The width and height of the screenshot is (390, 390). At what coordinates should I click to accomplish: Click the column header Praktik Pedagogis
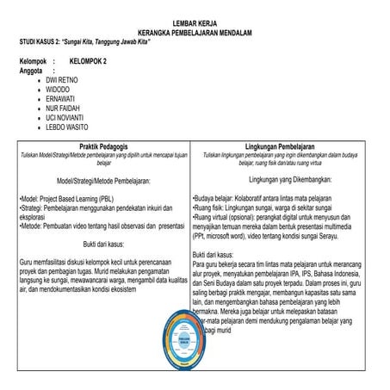pos(104,147)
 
